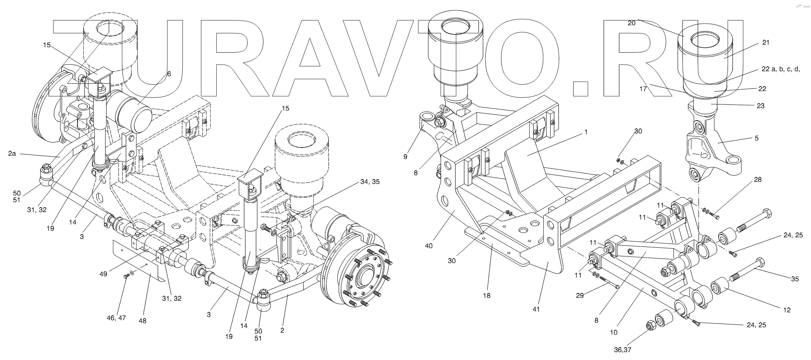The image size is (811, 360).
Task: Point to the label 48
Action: [x=143, y=320]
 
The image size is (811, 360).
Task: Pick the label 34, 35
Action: [x=370, y=181]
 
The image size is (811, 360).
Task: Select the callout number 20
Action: [x=632, y=24]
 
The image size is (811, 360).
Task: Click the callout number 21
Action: [x=765, y=43]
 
